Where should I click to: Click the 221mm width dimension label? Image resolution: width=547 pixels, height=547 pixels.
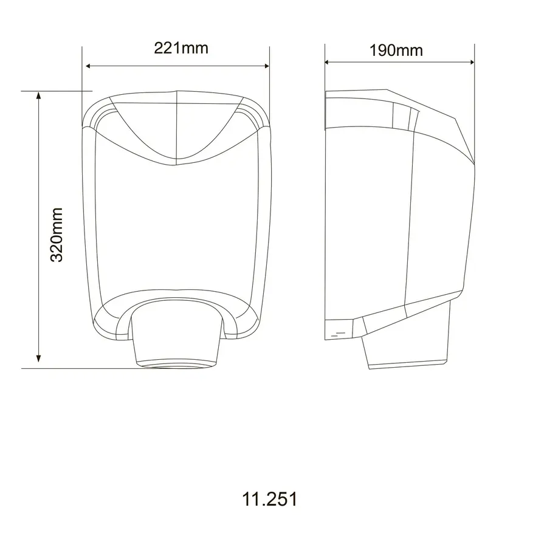click(x=181, y=48)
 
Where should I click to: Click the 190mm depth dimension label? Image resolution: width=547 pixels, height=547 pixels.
click(x=396, y=50)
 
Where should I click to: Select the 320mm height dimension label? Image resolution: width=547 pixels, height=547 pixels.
click(x=57, y=235)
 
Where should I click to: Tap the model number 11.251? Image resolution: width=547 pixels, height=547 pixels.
click(x=270, y=500)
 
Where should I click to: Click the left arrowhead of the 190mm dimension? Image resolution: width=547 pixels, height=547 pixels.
click(x=328, y=61)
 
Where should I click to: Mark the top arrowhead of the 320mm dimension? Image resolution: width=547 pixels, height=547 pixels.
click(x=39, y=95)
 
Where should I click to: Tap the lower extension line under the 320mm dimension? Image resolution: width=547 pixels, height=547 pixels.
click(x=91, y=368)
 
